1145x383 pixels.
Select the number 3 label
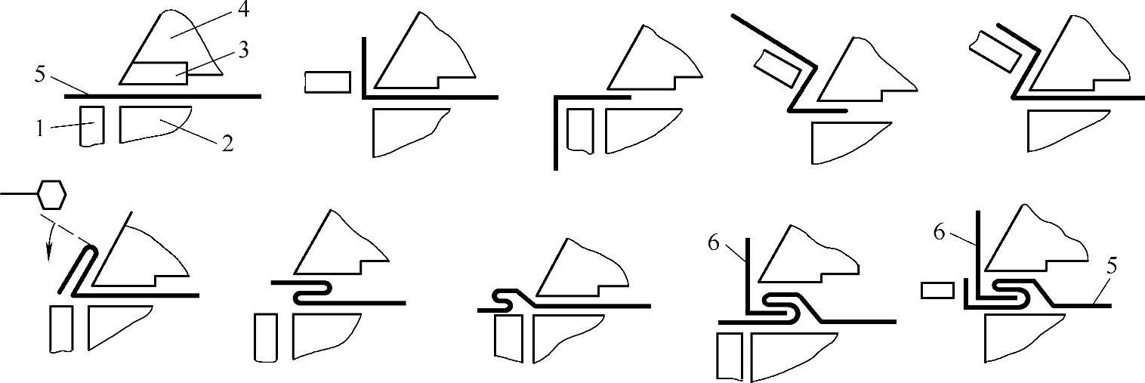tap(243, 51)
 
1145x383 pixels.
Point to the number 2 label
tap(226, 144)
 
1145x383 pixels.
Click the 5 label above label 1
tap(40, 75)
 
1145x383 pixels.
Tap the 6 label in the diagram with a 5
tap(939, 233)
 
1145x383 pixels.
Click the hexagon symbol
tap(50, 195)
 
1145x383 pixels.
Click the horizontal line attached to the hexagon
tap(17, 195)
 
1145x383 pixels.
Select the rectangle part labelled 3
tap(155, 73)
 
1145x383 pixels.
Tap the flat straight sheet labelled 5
tap(162, 96)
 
